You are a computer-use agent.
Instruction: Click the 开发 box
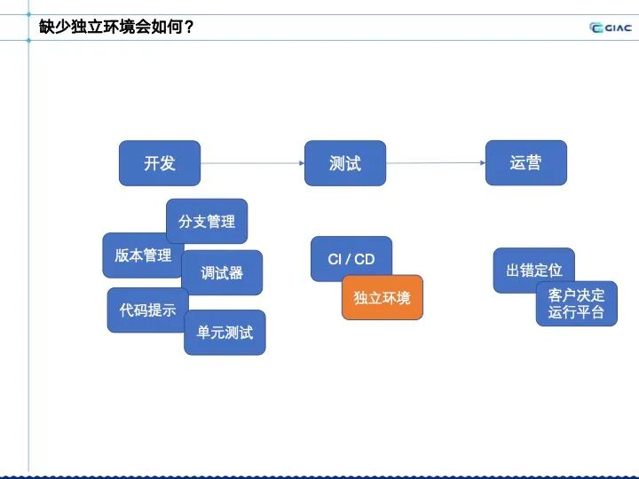click(x=160, y=163)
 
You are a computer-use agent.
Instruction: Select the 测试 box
click(x=345, y=163)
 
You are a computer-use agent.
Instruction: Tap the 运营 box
click(x=525, y=163)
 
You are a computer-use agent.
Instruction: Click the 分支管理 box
click(x=207, y=221)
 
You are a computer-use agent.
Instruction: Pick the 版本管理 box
click(x=142, y=255)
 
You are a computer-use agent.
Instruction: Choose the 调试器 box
click(x=222, y=272)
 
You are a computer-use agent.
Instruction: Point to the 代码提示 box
click(x=147, y=310)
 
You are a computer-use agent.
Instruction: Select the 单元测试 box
click(x=225, y=333)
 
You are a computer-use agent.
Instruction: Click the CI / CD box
click(x=351, y=259)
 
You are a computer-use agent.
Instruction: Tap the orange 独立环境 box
click(x=383, y=298)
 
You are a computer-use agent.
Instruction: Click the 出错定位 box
click(x=533, y=270)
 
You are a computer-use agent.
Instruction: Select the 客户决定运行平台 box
click(x=576, y=303)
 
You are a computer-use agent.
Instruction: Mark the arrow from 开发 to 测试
click(x=252, y=163)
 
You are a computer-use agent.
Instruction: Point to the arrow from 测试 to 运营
click(x=436, y=163)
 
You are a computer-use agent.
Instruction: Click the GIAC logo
click(x=611, y=27)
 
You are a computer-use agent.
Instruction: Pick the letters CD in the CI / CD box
click(x=365, y=259)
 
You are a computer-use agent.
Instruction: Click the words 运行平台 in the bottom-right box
click(x=576, y=312)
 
